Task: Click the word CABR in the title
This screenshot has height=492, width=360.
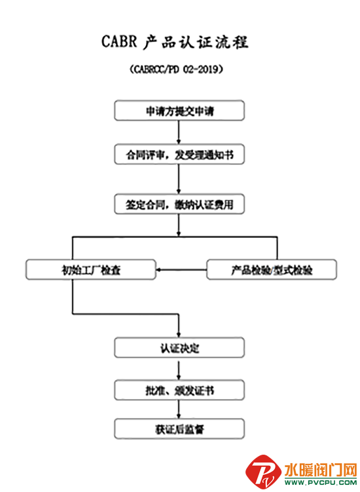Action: pos(120,41)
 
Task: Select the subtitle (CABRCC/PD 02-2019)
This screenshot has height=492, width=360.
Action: pos(177,69)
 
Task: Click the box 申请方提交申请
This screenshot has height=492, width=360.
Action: pos(179,111)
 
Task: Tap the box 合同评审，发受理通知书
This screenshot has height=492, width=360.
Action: pos(179,154)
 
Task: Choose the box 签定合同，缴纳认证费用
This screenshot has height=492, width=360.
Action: pos(179,204)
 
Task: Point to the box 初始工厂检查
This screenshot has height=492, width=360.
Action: pos(91,269)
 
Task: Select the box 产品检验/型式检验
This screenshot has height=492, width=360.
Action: pos(272,269)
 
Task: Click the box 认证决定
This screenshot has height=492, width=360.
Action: pos(179,348)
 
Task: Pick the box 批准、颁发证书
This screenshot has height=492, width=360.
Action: pos(179,390)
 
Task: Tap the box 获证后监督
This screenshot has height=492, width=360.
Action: pos(179,429)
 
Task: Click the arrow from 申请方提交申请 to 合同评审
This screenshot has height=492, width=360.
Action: pos(179,132)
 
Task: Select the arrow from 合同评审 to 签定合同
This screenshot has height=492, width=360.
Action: pos(179,179)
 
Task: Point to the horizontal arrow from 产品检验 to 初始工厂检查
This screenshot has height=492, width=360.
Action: pos(181,269)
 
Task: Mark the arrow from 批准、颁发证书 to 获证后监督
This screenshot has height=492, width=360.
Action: pos(179,409)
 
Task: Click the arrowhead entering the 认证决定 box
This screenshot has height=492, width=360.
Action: pos(179,335)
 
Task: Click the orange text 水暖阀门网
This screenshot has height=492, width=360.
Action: pos(321,470)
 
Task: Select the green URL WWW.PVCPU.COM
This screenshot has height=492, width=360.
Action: pos(321,482)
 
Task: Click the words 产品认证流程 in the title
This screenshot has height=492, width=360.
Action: pos(196,42)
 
